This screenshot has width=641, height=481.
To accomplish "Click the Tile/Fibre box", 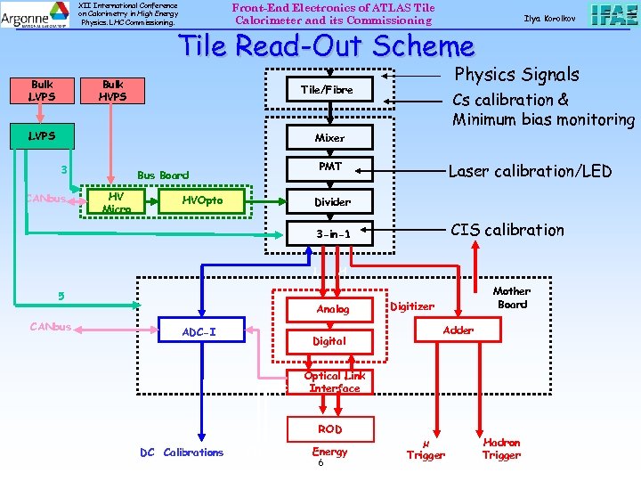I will [327, 90].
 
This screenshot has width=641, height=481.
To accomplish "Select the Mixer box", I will [329, 138].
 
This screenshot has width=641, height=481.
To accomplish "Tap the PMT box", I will [329, 167].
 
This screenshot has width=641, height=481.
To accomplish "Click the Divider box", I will [331, 202].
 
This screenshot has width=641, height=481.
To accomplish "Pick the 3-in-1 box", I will [332, 234].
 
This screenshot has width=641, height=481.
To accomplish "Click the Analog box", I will [333, 309].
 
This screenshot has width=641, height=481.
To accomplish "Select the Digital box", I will [329, 341].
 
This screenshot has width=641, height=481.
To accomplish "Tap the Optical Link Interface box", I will [334, 382].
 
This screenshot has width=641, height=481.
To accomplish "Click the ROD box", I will [329, 429].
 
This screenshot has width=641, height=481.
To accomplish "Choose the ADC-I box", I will [199, 332].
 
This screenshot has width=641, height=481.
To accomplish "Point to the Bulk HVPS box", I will [113, 90].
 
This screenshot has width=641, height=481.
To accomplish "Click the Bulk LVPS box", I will [42, 90].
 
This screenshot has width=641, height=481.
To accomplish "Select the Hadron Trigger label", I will [501, 449].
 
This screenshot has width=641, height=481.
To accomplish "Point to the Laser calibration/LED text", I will [529, 171].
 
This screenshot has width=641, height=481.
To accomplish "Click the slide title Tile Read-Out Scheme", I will [327, 46].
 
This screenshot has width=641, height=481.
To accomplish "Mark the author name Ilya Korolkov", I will [549, 19].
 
